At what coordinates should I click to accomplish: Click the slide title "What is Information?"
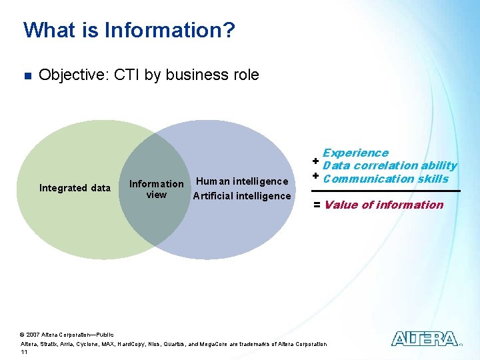[x=129, y=30]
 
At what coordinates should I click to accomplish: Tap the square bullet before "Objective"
[x=27, y=75]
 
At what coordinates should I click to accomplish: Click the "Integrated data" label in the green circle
[x=75, y=188]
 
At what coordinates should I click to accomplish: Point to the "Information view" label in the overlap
[x=156, y=189]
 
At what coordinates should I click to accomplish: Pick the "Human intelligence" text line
[x=243, y=181]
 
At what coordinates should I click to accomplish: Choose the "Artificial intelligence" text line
[x=242, y=195]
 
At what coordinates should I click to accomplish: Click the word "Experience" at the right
[x=355, y=153]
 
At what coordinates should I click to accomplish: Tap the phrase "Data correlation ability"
[x=390, y=165]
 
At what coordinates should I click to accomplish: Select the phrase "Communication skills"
[x=385, y=178]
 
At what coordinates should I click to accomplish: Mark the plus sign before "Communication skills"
[x=315, y=176]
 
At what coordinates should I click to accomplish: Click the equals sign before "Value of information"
[x=317, y=205]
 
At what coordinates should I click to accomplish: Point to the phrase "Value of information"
[x=383, y=205]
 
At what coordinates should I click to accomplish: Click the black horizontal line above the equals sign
[x=387, y=191]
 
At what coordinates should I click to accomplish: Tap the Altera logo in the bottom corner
[x=425, y=339]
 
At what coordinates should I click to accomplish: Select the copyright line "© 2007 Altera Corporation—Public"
[x=67, y=335]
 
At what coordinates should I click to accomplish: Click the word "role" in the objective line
[x=245, y=75]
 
